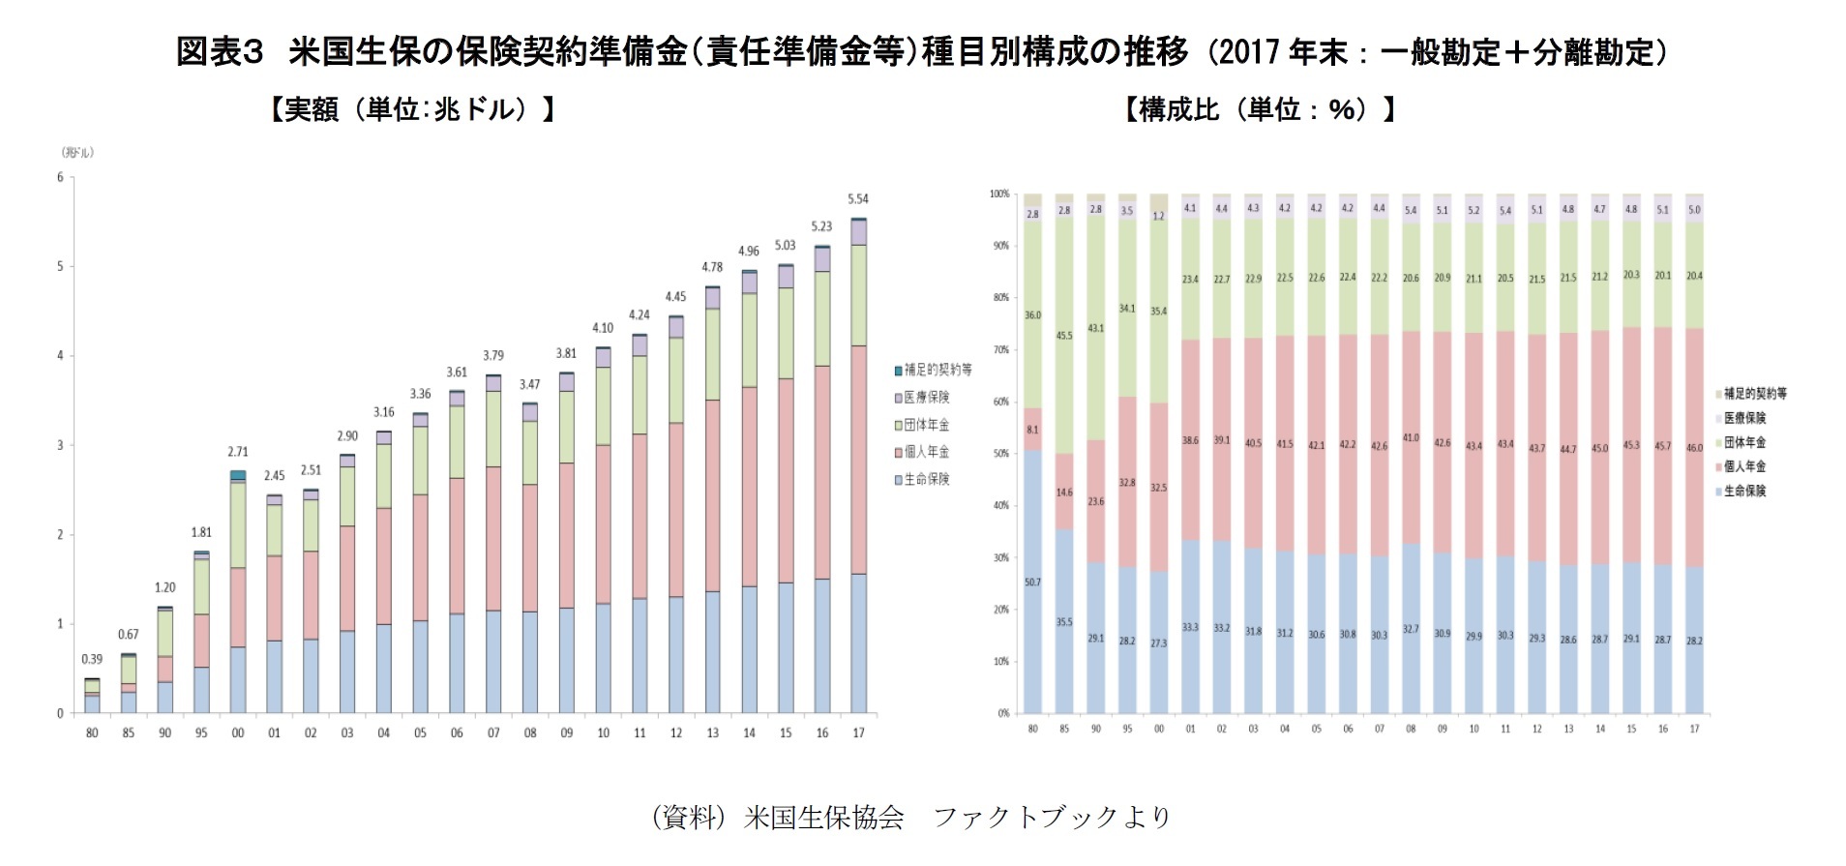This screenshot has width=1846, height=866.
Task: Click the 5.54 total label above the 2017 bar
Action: tap(858, 199)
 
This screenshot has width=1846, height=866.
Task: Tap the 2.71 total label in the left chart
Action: tap(238, 452)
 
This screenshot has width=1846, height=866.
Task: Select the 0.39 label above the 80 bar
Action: tap(92, 660)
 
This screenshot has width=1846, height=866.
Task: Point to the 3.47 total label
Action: tap(529, 385)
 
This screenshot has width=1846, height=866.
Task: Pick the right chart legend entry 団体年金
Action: tap(1744, 442)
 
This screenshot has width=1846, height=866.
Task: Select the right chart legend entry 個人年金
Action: tap(1744, 466)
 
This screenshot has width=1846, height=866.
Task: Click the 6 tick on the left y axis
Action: tap(60, 177)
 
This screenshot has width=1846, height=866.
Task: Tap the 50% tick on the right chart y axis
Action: tap(1001, 453)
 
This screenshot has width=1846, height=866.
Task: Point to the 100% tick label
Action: tap(999, 194)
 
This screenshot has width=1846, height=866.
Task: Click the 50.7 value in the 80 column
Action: tap(1032, 582)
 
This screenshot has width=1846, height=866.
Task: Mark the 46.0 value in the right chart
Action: tap(1694, 448)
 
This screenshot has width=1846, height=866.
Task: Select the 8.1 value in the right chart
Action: tap(1032, 430)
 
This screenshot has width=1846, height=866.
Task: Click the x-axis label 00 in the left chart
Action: tap(238, 733)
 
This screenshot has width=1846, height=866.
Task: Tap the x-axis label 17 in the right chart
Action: tap(1694, 729)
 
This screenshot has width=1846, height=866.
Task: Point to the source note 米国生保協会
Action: tap(823, 818)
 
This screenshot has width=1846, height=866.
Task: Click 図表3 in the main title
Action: tap(220, 51)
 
